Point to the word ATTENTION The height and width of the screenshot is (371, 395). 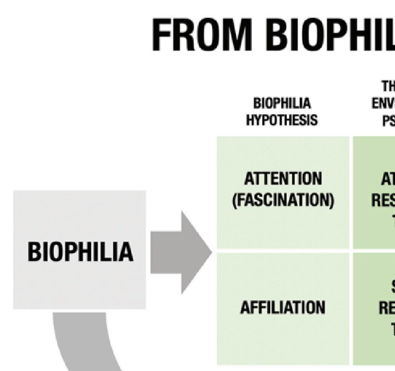(x=283, y=179)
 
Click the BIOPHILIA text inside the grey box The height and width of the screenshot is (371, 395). (x=80, y=252)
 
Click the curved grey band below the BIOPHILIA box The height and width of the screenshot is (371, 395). (x=83, y=340)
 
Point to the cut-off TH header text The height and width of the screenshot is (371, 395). (x=388, y=86)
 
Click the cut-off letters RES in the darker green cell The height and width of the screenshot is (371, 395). (x=383, y=200)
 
